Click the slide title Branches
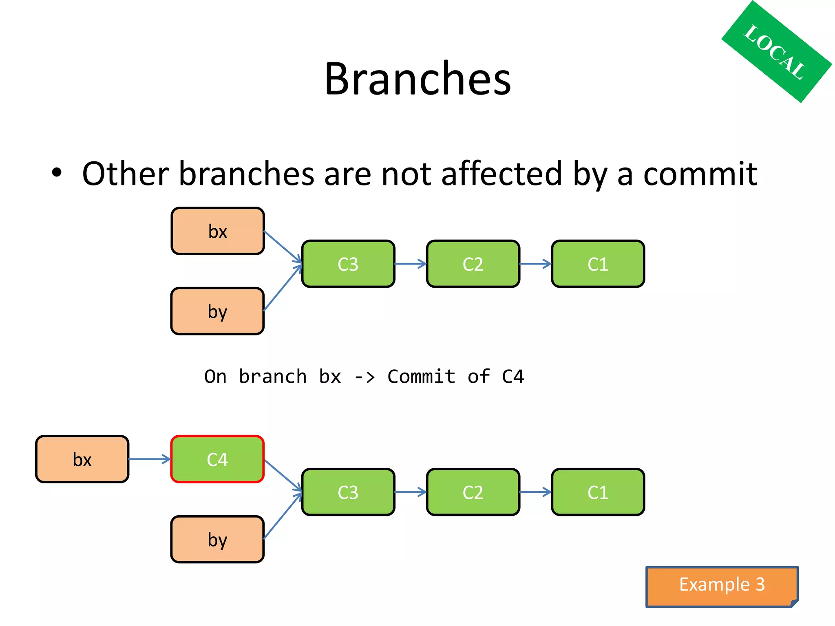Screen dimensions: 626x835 tap(417, 79)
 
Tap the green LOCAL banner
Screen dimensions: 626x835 tap(776, 52)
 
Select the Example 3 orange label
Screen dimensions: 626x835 tap(721, 585)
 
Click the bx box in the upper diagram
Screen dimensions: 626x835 tap(218, 231)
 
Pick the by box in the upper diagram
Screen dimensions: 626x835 tap(217, 311)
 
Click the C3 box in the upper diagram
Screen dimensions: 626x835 tap(348, 264)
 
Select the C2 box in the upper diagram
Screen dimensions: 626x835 tap(473, 264)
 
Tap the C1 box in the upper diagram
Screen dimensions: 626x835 tap(598, 264)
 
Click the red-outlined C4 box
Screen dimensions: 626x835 tap(217, 459)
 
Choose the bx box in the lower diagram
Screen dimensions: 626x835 tap(82, 459)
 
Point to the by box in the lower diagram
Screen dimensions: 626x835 tap(217, 540)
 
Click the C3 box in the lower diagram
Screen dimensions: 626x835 tap(348, 492)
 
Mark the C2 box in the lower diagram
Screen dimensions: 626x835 tap(473, 492)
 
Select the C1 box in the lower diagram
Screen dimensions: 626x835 tap(598, 492)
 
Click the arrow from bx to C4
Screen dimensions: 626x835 tap(149, 459)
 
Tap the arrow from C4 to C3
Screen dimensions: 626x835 tap(283, 475)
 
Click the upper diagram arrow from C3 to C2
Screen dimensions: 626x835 tap(410, 264)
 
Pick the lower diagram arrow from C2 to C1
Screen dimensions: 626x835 tap(535, 492)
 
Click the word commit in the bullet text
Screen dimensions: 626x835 tap(700, 174)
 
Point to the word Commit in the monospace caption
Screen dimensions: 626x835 tap(421, 377)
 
